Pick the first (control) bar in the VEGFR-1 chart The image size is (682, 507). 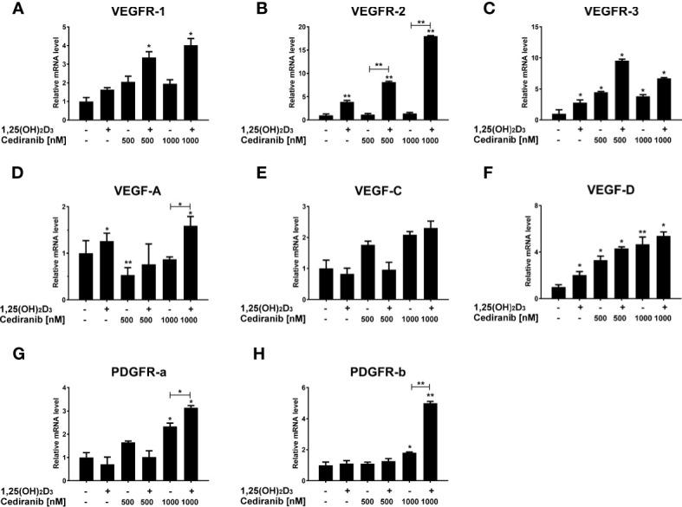85,114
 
